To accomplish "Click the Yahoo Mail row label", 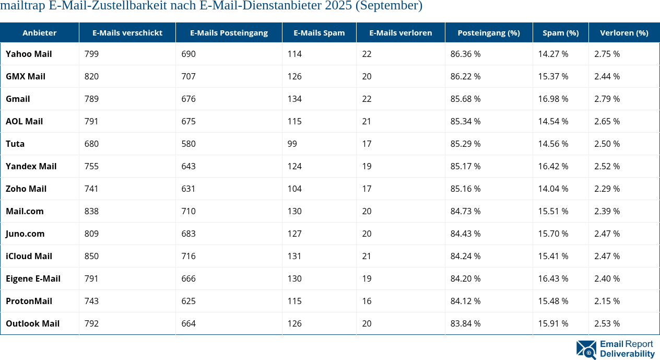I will (29, 54).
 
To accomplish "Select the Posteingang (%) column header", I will (488, 32).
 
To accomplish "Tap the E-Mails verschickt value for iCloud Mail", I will (91, 256).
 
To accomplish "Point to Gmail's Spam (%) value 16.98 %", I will (553, 99).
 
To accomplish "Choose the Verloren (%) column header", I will (624, 32).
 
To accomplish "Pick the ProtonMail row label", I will (29, 301).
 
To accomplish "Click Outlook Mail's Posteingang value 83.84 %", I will (465, 323).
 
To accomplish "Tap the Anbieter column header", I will (40, 32).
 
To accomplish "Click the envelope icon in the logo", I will (586, 350).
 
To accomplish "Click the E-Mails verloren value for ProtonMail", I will (367, 301).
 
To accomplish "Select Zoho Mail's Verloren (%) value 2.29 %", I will (607, 189).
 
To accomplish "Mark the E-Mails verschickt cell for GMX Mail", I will (91, 76).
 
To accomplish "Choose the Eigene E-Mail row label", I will (33, 278).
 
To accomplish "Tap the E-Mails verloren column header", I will (400, 32).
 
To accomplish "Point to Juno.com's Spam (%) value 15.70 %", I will (553, 234).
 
